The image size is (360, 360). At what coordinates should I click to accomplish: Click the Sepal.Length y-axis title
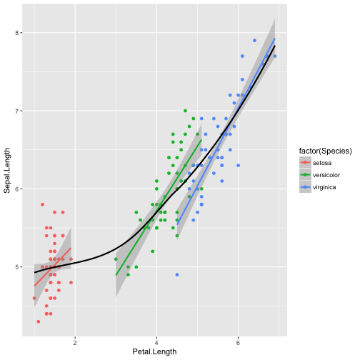[7, 169]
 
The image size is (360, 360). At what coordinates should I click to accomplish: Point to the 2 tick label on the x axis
[75, 341]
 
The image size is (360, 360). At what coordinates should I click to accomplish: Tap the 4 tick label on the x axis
[156, 341]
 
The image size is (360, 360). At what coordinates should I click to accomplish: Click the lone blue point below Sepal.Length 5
[177, 274]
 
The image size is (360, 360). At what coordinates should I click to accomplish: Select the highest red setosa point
[42, 204]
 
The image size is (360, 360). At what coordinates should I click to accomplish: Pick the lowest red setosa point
[38, 321]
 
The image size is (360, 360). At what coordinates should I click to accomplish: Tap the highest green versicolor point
[185, 111]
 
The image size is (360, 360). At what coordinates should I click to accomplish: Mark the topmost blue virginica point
[254, 40]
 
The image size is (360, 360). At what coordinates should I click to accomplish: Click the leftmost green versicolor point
[116, 259]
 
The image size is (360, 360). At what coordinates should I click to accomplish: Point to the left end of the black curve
[34, 272]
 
